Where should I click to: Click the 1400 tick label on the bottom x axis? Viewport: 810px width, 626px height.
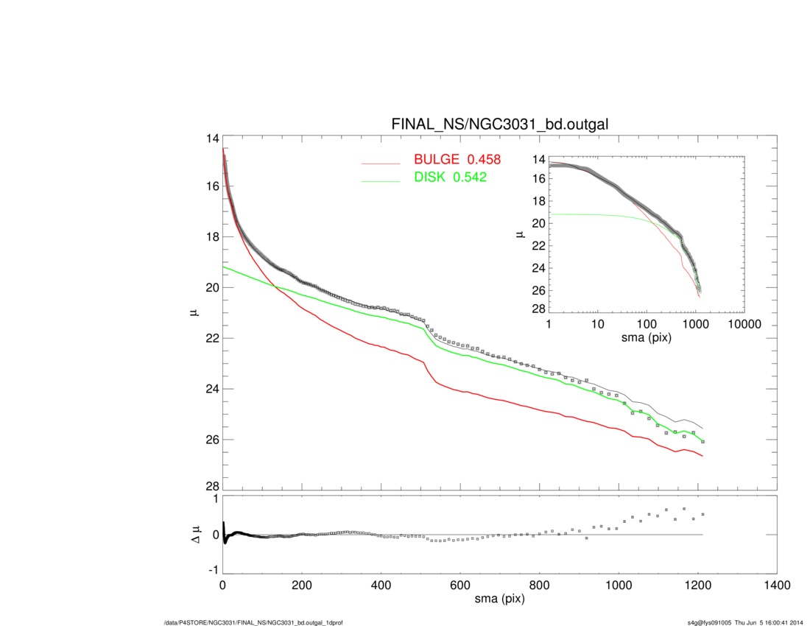click(x=777, y=587)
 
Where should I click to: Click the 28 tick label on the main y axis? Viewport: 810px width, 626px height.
click(x=212, y=487)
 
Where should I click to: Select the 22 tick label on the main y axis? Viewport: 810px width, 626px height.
click(x=212, y=338)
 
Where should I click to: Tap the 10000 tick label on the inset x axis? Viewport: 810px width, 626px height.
click(x=744, y=324)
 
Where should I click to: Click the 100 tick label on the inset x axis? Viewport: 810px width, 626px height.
click(x=647, y=324)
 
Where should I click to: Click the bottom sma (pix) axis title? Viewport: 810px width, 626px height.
click(x=500, y=601)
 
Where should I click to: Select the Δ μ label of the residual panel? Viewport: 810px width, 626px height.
click(x=194, y=535)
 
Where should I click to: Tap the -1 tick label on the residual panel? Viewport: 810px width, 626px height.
click(x=214, y=570)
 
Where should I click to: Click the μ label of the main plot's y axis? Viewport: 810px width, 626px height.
click(x=194, y=313)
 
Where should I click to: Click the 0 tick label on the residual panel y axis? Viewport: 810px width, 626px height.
click(x=216, y=535)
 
